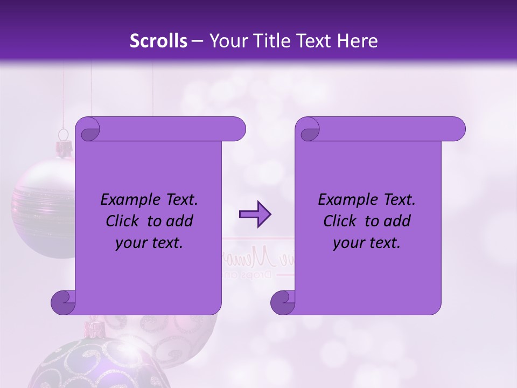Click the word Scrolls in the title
(x=158, y=41)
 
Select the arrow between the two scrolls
(x=255, y=214)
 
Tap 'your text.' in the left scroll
(x=149, y=242)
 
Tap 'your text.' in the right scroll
(x=367, y=242)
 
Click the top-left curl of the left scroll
(x=88, y=130)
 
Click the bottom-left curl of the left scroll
(x=64, y=302)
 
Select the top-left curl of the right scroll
(x=308, y=130)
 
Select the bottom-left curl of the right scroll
(x=283, y=302)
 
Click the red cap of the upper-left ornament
(x=64, y=147)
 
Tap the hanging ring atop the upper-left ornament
(x=64, y=134)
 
